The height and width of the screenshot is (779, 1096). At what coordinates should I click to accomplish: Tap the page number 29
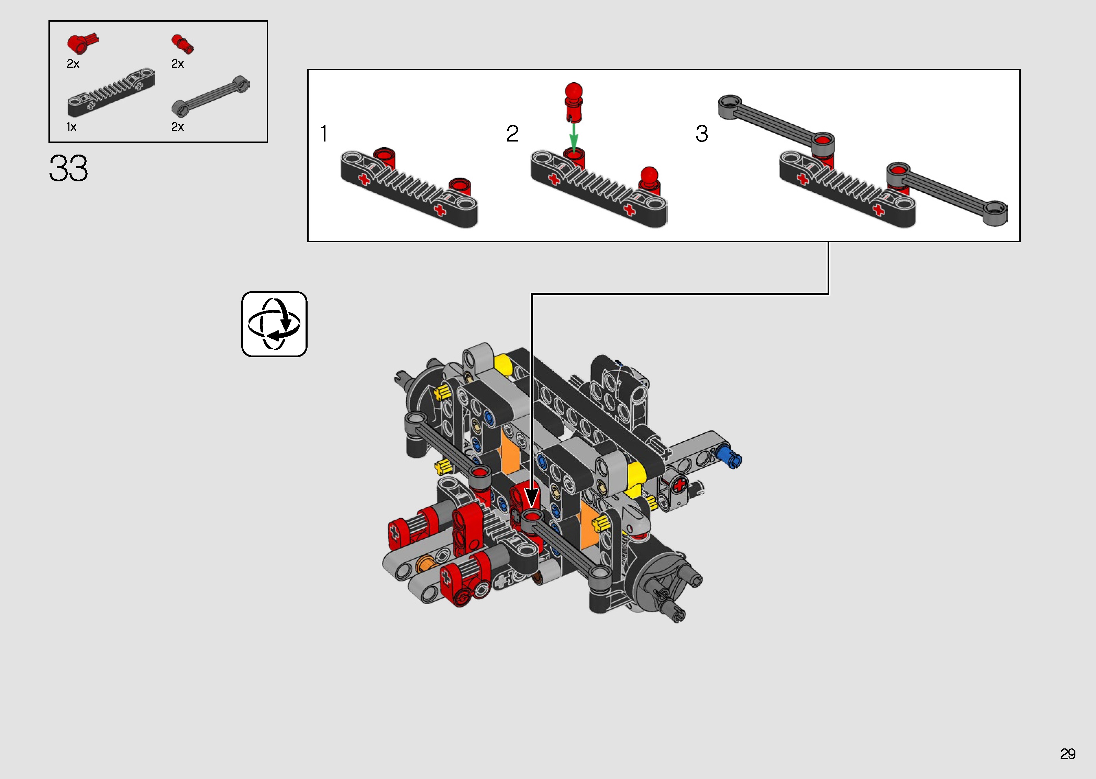pyautogui.click(x=1068, y=754)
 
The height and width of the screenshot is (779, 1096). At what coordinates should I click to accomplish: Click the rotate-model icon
pyautogui.click(x=274, y=324)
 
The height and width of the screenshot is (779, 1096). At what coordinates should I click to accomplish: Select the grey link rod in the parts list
pyautogui.click(x=211, y=96)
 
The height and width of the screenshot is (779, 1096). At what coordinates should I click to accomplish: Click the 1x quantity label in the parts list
pyautogui.click(x=71, y=127)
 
